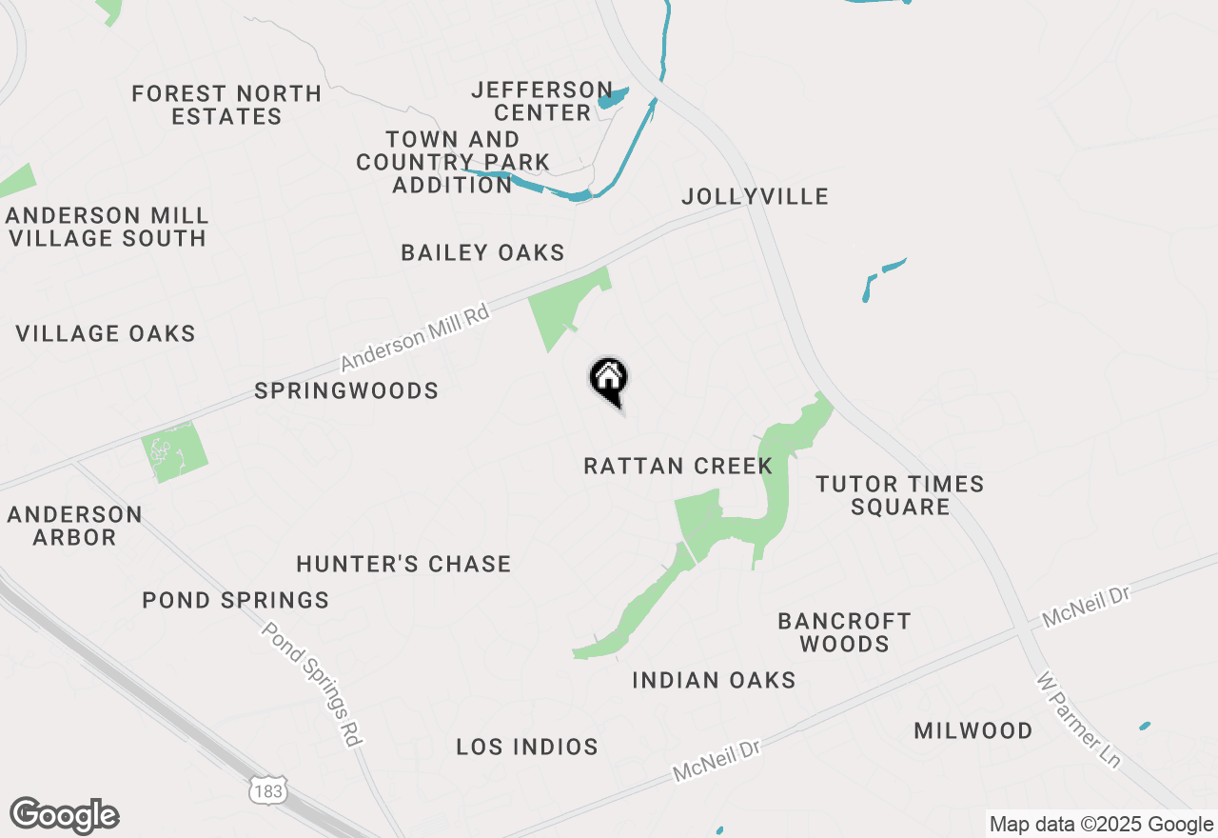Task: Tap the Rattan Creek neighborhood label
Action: click(x=678, y=467)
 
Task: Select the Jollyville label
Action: click(x=755, y=197)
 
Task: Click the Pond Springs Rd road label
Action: click(x=313, y=684)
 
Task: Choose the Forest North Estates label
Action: click(x=226, y=105)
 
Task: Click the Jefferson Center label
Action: click(x=541, y=101)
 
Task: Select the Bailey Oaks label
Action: click(x=482, y=253)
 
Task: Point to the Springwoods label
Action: click(x=346, y=391)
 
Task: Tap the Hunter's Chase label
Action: click(x=403, y=565)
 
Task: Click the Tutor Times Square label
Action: click(x=900, y=495)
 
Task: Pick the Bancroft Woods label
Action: click(x=844, y=632)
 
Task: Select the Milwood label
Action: click(x=972, y=731)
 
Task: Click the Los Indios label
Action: click(x=527, y=748)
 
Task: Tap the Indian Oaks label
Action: click(x=714, y=680)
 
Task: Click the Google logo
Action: click(x=65, y=815)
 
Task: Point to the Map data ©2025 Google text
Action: click(x=1101, y=825)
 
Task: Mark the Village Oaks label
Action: click(x=106, y=334)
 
